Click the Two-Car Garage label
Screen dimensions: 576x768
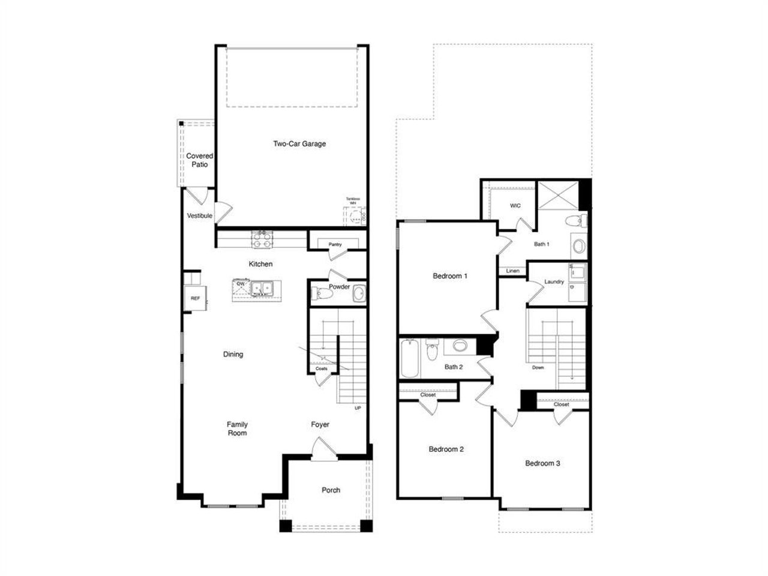299,143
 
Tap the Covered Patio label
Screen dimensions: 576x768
199,160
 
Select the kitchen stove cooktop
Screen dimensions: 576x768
262,240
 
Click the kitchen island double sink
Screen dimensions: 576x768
262,289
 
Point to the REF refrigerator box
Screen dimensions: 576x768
196,298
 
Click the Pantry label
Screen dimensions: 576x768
335,244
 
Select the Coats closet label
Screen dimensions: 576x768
322,368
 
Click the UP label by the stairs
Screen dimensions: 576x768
358,408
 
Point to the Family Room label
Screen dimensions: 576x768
237,429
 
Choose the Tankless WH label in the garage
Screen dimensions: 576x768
352,201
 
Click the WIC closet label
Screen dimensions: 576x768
515,206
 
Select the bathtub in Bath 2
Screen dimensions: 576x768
409,358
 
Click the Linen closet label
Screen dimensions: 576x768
512,271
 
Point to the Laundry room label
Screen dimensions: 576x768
554,281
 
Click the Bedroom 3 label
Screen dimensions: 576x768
542,463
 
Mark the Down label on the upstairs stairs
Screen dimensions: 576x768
538,367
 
